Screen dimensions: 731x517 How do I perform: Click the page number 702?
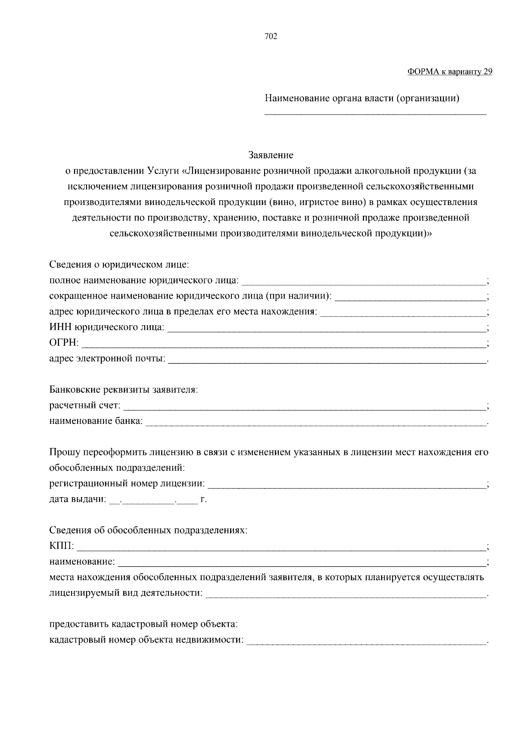271,37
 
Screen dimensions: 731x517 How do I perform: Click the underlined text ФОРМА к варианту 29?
449,72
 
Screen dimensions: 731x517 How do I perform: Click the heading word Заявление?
271,155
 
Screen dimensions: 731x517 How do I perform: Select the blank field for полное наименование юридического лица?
363,281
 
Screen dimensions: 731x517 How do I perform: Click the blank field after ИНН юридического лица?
326,328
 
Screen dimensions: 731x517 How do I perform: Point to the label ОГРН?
64,343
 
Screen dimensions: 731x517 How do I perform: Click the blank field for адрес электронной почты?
327,359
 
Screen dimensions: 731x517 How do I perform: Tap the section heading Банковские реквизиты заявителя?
124,390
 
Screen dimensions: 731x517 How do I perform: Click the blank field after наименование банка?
316,421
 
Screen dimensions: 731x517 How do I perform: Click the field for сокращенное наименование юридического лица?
410,297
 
